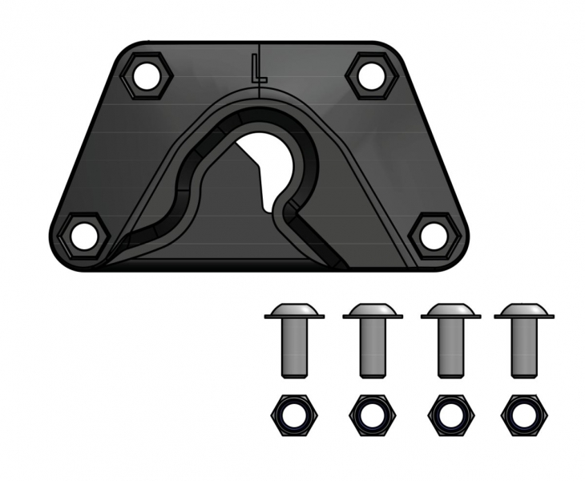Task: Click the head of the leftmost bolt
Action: [294, 310]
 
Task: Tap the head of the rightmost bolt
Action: [522, 310]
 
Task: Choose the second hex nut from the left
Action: [371, 413]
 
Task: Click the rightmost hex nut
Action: [522, 413]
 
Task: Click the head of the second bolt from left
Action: [372, 310]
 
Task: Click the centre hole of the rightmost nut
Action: [522, 413]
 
